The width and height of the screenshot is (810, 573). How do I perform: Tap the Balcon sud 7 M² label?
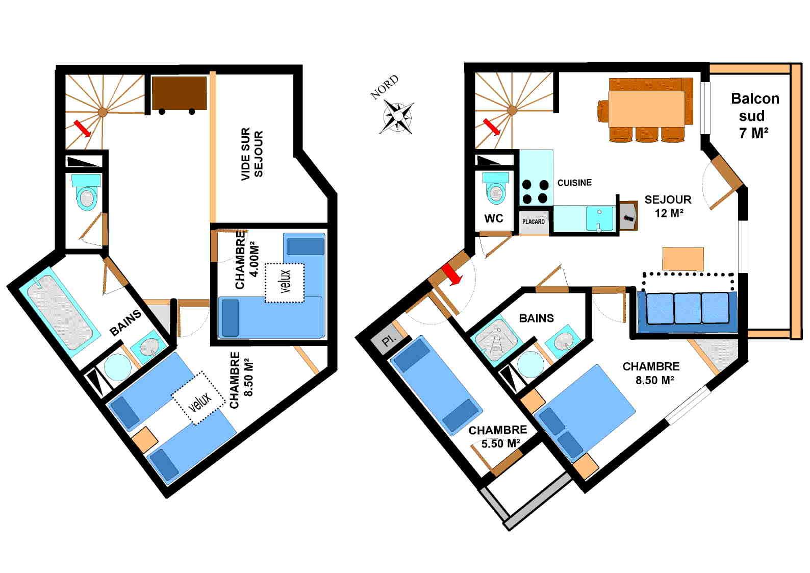754,116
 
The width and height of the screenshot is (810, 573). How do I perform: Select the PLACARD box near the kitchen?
534,222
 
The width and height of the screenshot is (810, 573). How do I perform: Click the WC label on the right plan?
493,218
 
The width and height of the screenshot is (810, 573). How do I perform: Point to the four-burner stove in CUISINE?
535,191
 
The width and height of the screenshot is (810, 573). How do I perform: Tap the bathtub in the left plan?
60,313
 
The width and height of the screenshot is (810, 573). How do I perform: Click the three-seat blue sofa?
687,308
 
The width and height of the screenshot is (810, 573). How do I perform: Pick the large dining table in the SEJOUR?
646,108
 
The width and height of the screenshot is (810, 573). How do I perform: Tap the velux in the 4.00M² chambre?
284,282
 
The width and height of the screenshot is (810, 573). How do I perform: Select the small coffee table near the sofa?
682,259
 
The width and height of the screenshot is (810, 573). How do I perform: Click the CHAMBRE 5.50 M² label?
498,437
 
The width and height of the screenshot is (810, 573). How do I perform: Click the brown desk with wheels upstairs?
179,93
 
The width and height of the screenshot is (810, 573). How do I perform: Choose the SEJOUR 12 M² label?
668,206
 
